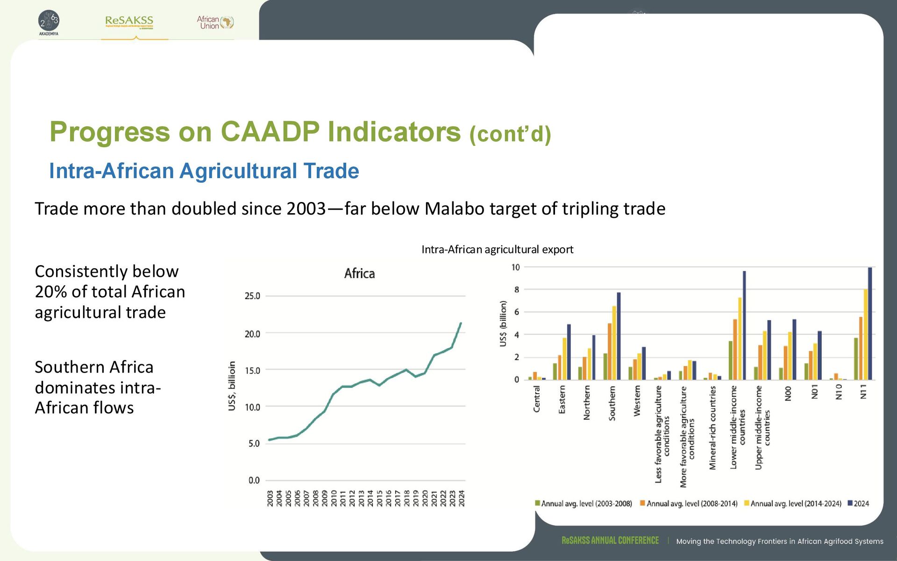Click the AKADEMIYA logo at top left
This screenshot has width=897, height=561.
tap(49, 22)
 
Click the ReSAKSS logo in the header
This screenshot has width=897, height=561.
tap(129, 22)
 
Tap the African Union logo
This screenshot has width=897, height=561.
tap(215, 22)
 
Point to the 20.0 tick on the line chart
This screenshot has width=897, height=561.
tap(252, 334)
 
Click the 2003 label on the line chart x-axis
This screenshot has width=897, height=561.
tap(270, 498)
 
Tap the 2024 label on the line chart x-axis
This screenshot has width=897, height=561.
tap(462, 498)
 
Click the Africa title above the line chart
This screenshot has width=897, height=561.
tap(359, 273)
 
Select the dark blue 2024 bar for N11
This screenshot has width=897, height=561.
tap(870, 324)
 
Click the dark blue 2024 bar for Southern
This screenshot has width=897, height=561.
tap(619, 336)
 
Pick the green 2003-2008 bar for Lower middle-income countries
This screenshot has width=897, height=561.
tap(731, 360)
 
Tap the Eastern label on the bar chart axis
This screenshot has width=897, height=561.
tap(562, 399)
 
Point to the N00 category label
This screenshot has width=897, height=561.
tap(788, 393)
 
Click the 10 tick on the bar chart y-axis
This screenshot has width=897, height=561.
tap(515, 267)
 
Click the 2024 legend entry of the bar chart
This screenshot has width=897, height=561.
tap(858, 503)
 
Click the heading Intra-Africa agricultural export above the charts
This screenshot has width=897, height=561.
tap(497, 250)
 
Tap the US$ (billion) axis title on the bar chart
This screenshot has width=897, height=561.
tap(503, 324)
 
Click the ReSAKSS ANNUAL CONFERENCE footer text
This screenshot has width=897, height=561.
tap(610, 541)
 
